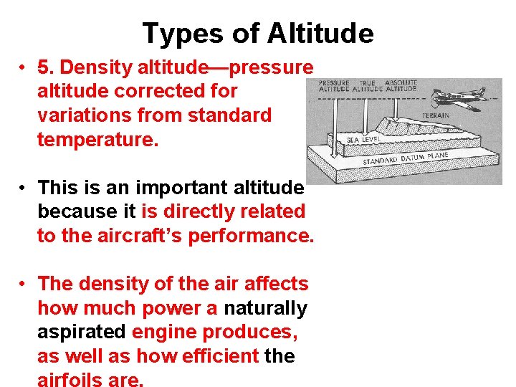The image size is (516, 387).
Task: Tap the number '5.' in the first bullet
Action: [47, 67]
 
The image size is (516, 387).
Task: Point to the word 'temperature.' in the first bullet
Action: [97, 138]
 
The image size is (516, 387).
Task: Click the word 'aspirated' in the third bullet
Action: [82, 333]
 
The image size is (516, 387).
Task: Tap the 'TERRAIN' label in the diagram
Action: [436, 115]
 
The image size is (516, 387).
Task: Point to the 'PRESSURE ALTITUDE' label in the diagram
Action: [333, 86]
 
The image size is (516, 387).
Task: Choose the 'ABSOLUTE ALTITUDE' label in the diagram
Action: [401, 86]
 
